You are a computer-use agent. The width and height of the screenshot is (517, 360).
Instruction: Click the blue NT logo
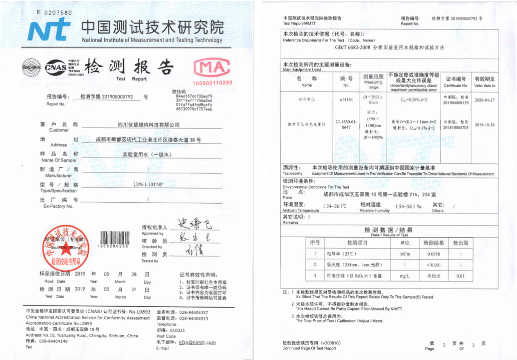49,30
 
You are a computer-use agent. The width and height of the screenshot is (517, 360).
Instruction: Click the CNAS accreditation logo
56,67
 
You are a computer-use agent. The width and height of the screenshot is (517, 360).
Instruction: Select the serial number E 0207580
55,12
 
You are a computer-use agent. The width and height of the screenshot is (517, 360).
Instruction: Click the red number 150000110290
213,82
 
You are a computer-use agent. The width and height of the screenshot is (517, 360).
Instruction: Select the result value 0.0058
434,254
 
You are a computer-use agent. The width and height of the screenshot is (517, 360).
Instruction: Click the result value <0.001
434,265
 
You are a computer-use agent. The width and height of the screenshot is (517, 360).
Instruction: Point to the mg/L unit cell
405,276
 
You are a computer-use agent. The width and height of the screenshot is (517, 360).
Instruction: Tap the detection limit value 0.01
460,276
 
